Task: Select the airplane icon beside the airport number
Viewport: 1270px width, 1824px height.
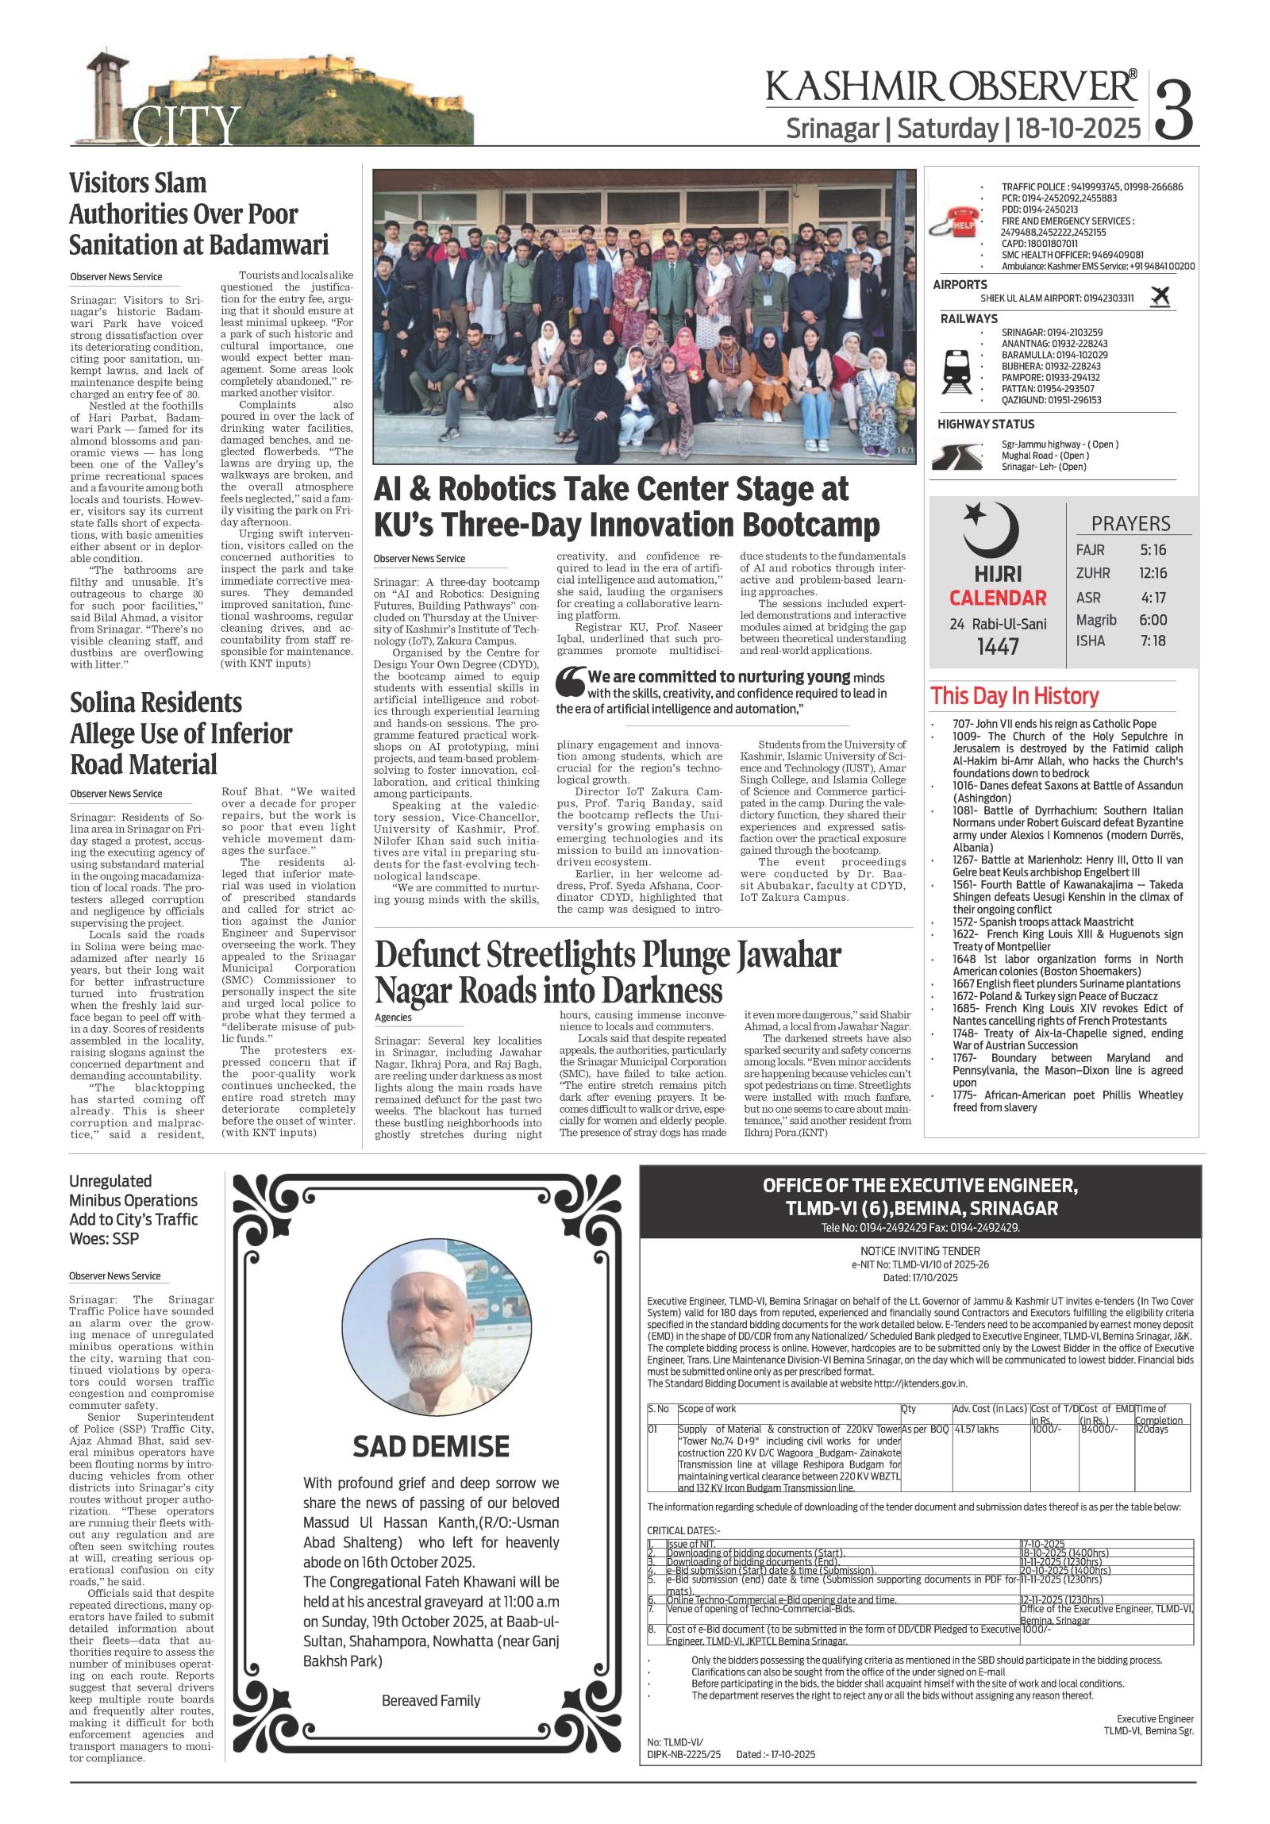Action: click(1160, 297)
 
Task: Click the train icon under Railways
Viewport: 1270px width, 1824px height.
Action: click(956, 371)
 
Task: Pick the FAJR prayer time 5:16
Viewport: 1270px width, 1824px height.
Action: click(1153, 550)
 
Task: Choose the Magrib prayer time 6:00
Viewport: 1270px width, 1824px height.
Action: click(1153, 620)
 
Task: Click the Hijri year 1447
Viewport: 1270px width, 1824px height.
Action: click(998, 647)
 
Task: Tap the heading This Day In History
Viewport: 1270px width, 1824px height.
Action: click(1014, 697)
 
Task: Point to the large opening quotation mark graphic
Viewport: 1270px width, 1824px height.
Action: click(569, 682)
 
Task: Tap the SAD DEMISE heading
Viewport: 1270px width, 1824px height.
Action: click(430, 1447)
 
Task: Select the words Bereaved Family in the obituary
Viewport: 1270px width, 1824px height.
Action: click(430, 1701)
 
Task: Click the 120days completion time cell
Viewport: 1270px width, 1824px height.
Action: click(1152, 1430)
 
